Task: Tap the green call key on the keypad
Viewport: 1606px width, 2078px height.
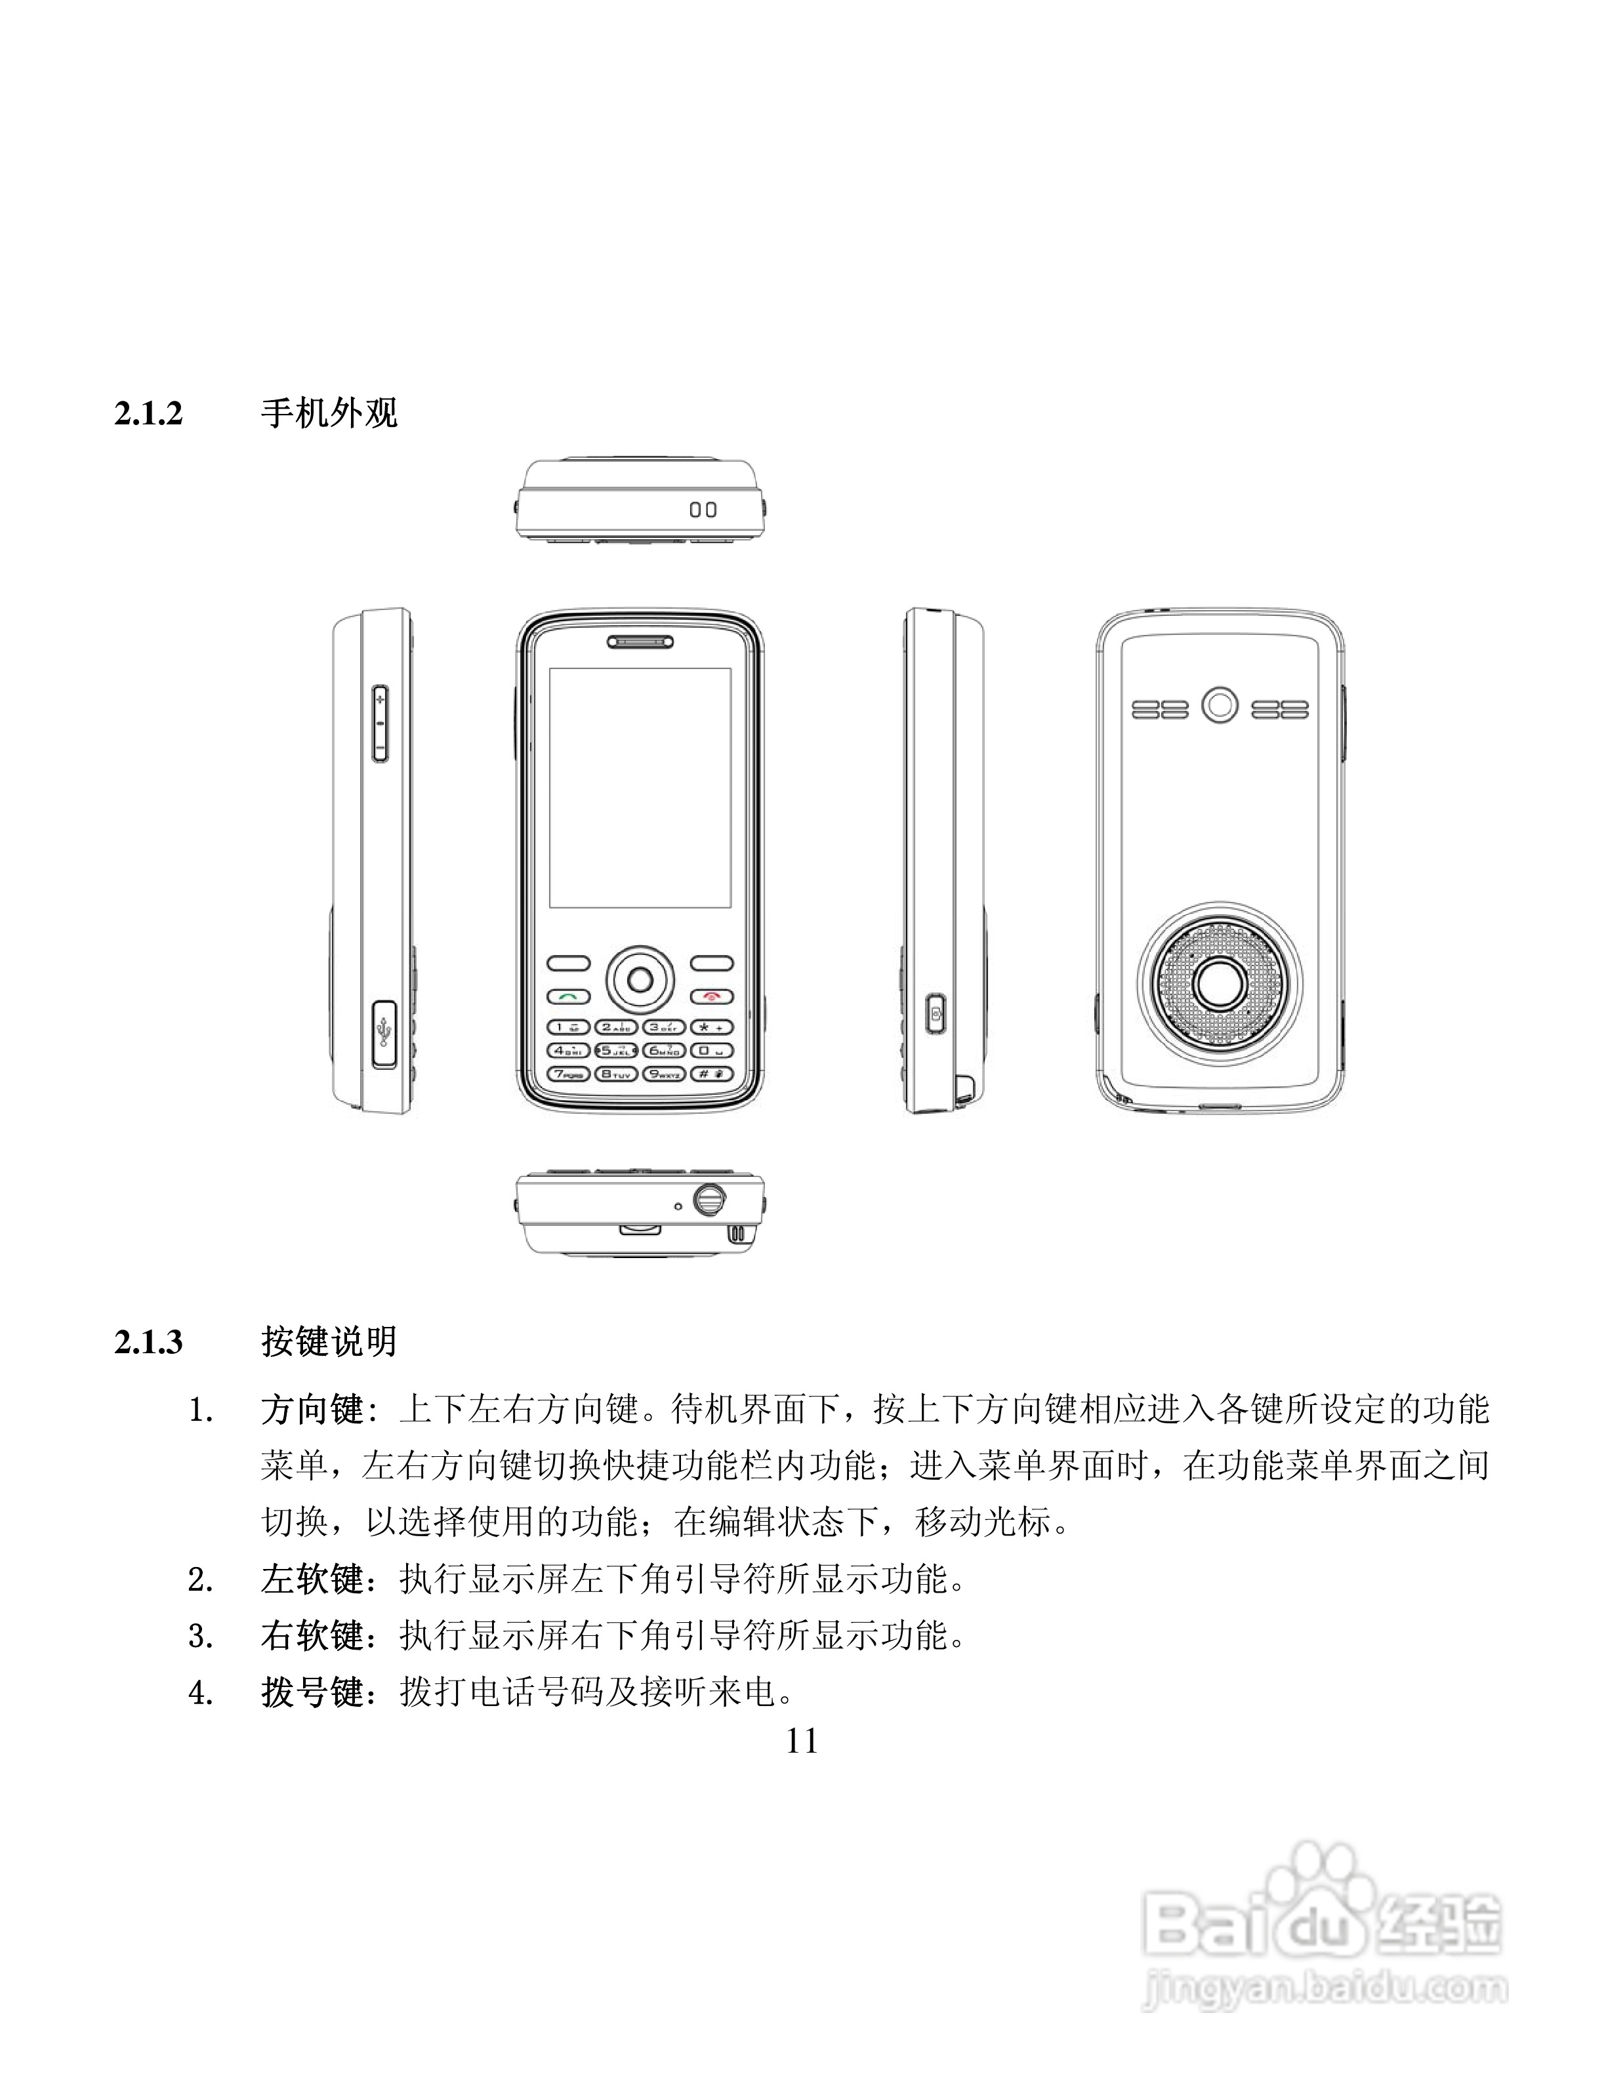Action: (568, 996)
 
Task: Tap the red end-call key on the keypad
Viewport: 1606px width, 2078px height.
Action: (712, 996)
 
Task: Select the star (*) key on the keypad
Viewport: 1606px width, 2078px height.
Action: (712, 1027)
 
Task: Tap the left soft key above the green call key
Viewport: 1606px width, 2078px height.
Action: (568, 963)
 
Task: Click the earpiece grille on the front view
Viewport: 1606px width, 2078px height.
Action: (640, 642)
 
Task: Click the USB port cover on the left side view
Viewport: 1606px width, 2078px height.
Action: (383, 1033)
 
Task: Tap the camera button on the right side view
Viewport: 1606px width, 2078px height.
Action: (936, 1013)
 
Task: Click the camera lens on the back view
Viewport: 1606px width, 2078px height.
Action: (1220, 706)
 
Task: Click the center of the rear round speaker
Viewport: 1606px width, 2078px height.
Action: (1219, 982)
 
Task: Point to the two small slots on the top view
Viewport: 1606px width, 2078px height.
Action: (703, 510)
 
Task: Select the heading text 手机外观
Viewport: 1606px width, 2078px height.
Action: (329, 414)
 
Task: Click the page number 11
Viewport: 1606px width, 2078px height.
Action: (802, 1742)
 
